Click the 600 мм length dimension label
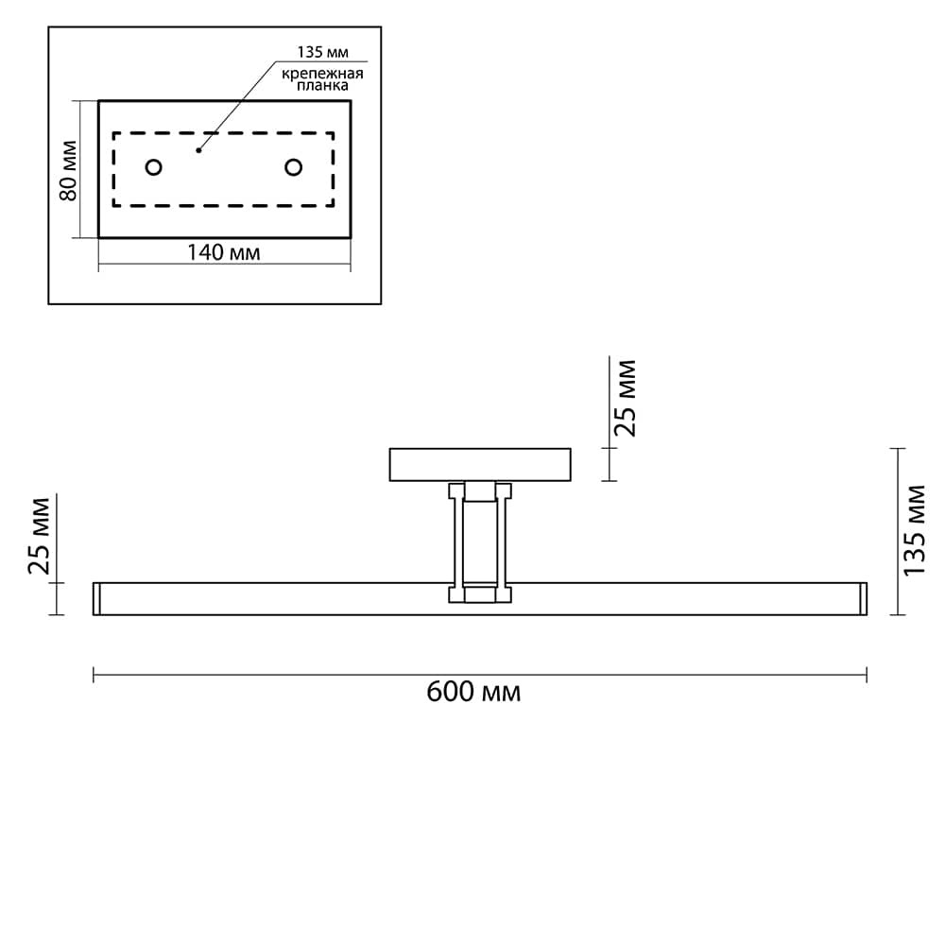[x=473, y=692]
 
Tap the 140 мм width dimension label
[x=224, y=252]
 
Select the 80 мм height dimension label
[x=69, y=170]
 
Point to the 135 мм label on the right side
[x=914, y=530]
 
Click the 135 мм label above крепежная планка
[x=322, y=52]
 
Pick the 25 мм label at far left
[x=39, y=536]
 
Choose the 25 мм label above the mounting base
[x=625, y=399]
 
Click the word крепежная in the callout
[x=322, y=74]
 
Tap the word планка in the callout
[x=322, y=86]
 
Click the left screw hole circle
[x=154, y=167]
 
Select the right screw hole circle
[x=294, y=167]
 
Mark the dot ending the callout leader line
[x=198, y=150]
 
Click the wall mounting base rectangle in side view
[x=480, y=465]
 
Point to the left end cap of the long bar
[x=96, y=599]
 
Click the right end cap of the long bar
[x=863, y=599]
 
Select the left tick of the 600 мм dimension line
[x=94, y=675]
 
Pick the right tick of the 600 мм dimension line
[x=867, y=675]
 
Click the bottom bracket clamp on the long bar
[x=480, y=593]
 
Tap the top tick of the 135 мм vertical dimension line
[x=898, y=448]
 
